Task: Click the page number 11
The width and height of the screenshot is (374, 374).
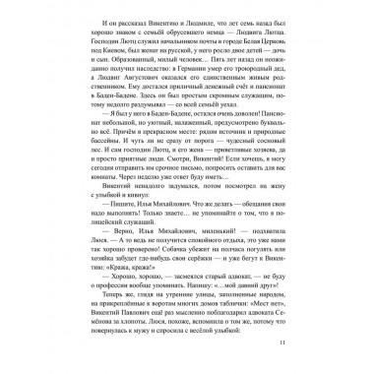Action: click(x=310, y=342)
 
